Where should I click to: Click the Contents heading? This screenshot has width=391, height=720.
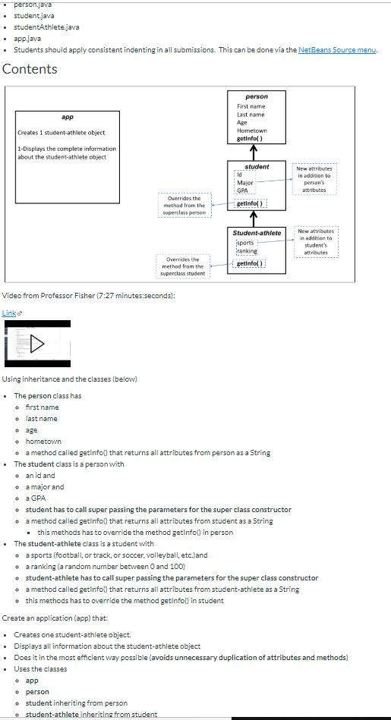pyautogui.click(x=30, y=69)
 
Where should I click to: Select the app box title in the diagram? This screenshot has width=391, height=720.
pyautogui.click(x=67, y=118)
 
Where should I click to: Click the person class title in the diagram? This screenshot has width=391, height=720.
pyautogui.click(x=257, y=96)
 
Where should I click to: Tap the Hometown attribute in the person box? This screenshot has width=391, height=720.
pyautogui.click(x=251, y=130)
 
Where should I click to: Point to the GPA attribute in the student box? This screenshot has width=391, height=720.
pyautogui.click(x=243, y=190)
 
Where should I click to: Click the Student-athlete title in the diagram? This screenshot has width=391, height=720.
pyautogui.click(x=257, y=232)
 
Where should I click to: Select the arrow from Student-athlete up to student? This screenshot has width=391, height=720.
pyautogui.click(x=257, y=219)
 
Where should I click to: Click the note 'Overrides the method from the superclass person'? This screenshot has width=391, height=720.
pyautogui.click(x=183, y=206)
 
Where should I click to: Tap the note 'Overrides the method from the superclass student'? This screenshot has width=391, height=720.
pyautogui.click(x=183, y=266)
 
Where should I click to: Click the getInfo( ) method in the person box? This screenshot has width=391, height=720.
pyautogui.click(x=251, y=139)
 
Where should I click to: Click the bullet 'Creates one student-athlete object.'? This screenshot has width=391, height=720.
pyautogui.click(x=72, y=634)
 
